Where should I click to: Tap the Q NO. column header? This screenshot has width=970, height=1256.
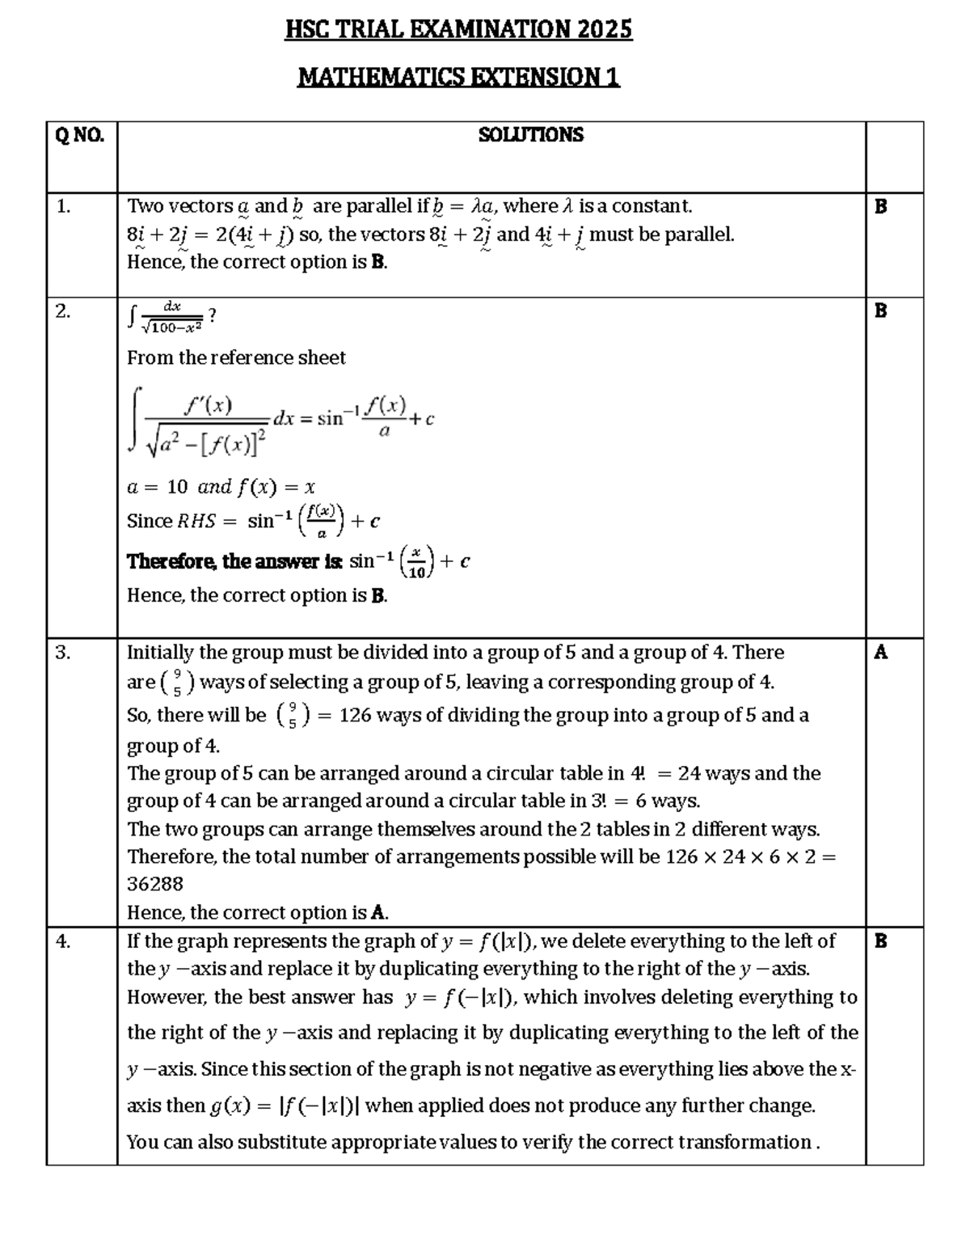(79, 135)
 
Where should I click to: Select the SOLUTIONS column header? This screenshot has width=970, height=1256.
(530, 135)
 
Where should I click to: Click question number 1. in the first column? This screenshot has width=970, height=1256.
(64, 206)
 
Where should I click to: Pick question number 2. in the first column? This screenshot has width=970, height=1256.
(64, 311)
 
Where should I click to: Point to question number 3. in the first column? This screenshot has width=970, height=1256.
(64, 653)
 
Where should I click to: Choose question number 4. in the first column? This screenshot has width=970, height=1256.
(64, 941)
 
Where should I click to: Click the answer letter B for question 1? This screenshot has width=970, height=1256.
(880, 206)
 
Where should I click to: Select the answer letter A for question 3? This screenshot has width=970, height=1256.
(880, 652)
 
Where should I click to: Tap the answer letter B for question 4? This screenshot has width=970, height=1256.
(880, 941)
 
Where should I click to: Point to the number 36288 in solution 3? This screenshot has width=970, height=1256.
(155, 884)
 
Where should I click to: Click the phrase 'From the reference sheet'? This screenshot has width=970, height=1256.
(236, 357)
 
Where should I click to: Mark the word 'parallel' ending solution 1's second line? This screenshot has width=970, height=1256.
(700, 235)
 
